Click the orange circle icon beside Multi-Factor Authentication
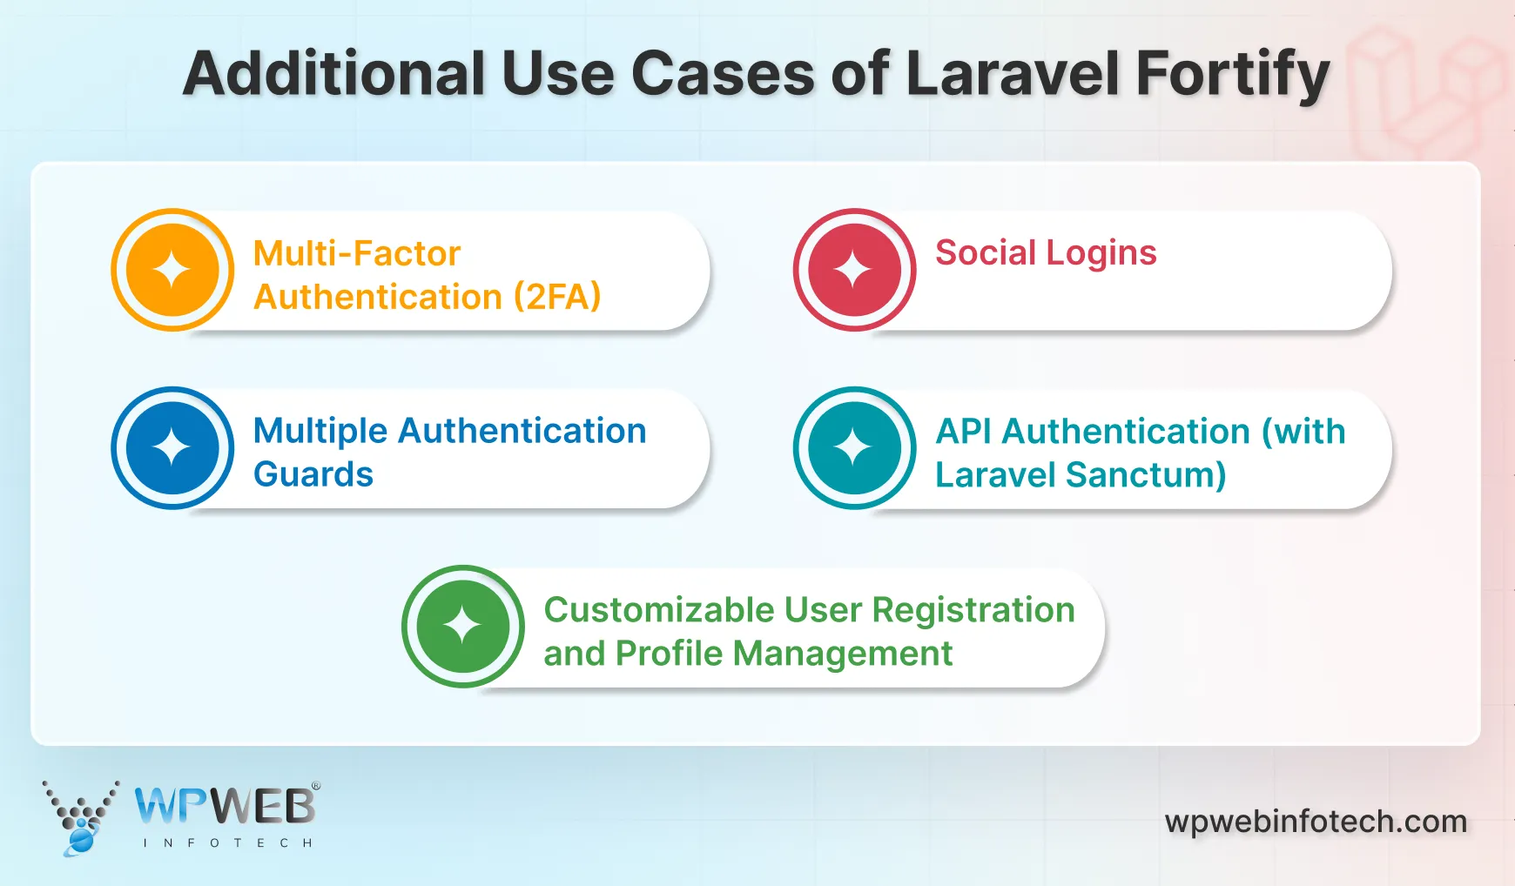[172, 270]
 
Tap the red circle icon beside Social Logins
[854, 270]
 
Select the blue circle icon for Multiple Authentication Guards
[172, 448]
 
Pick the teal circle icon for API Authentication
[854, 448]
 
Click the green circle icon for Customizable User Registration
[462, 627]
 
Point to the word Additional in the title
[333, 74]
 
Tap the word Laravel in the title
[1012, 74]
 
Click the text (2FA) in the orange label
[557, 298]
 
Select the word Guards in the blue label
[313, 475]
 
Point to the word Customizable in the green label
[659, 610]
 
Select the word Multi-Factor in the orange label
[356, 254]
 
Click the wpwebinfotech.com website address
[1316, 822]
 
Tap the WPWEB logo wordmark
[226, 806]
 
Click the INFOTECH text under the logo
[227, 842]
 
